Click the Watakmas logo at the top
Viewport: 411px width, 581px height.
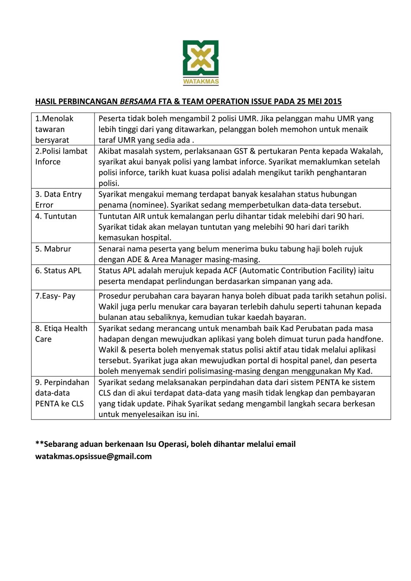click(x=201, y=62)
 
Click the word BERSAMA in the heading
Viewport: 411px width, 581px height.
click(x=138, y=101)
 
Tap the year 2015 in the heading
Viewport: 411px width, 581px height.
click(x=333, y=101)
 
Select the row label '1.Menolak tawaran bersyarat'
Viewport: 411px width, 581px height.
click(x=54, y=129)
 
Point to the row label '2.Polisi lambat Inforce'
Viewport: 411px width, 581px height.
click(x=61, y=157)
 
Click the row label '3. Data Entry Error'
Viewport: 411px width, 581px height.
click(x=58, y=200)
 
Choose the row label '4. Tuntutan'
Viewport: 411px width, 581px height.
click(x=56, y=216)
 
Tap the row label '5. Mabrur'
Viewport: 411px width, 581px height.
click(x=53, y=249)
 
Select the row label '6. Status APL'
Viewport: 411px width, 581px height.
click(x=58, y=270)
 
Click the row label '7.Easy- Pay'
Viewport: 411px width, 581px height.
click(x=55, y=296)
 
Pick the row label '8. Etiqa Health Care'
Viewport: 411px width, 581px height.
click(x=61, y=334)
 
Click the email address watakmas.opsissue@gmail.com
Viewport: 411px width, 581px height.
click(x=93, y=456)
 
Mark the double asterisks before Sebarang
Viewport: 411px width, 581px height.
click(x=39, y=444)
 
